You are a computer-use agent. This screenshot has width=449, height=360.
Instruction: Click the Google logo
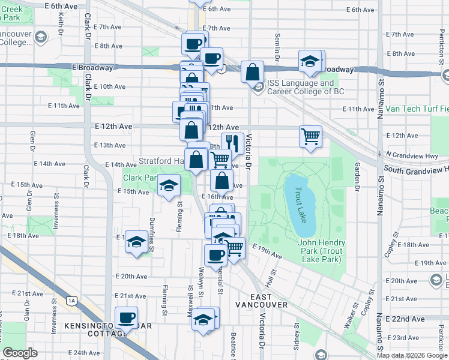coord(20,353)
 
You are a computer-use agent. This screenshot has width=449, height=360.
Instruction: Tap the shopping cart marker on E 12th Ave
coord(310,136)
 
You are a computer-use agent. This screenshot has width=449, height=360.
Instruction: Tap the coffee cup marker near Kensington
coord(126,317)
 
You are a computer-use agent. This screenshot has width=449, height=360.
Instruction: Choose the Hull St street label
coord(271,277)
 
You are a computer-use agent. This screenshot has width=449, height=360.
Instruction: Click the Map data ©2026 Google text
coord(412,355)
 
